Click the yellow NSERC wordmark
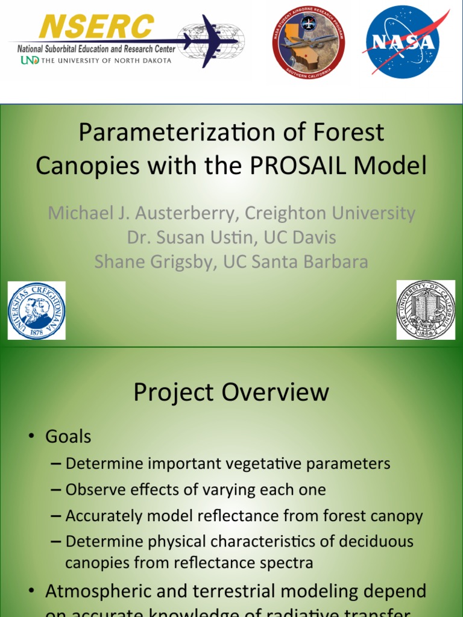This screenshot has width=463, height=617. pyautogui.click(x=96, y=27)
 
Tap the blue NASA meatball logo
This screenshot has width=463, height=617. pyautogui.click(x=403, y=42)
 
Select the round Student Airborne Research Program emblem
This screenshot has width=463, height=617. pyautogui.click(x=308, y=42)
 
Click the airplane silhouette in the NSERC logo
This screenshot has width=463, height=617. pyautogui.click(x=208, y=41)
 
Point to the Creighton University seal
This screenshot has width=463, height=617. pyautogui.click(x=36, y=311)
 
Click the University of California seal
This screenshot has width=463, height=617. pyautogui.click(x=426, y=310)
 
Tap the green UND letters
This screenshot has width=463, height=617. pyautogui.click(x=30, y=60)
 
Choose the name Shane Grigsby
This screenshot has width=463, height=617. pyautogui.click(x=153, y=262)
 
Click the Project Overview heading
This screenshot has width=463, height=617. pyautogui.click(x=231, y=392)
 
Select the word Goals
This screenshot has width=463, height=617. pyautogui.click(x=68, y=436)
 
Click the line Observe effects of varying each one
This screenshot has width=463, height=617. pyautogui.click(x=195, y=490)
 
